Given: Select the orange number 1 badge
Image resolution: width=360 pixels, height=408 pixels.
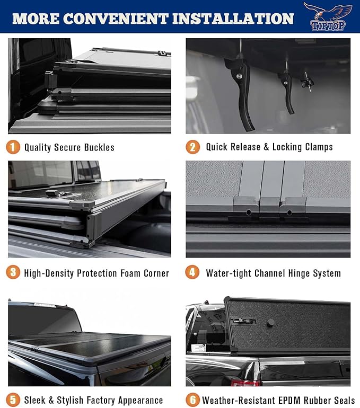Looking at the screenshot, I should (x=13, y=147).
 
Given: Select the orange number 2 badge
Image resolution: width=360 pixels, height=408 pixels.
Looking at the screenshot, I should (x=192, y=147).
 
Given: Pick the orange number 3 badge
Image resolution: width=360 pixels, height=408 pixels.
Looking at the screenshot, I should (x=13, y=272).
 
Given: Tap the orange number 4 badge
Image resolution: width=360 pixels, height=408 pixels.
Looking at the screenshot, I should (x=192, y=272).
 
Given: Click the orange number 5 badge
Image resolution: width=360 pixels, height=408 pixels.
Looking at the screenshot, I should (x=13, y=399).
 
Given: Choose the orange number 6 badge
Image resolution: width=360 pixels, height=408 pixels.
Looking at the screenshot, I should (x=192, y=399).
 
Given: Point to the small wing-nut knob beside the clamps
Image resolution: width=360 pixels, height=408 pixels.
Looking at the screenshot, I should (x=306, y=82).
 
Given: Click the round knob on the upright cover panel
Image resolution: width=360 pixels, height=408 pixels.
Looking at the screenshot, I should (x=270, y=322).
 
